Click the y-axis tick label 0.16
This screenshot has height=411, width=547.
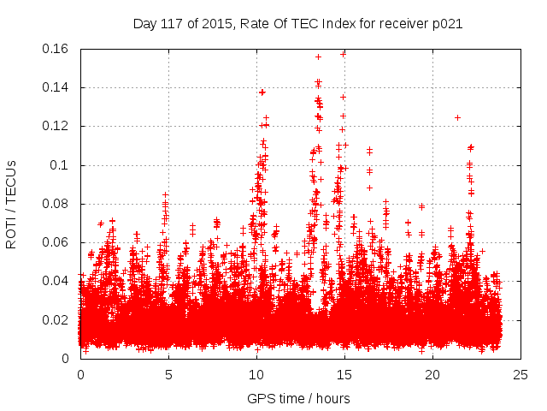(58, 49)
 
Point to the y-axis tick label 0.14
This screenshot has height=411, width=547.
(58, 87)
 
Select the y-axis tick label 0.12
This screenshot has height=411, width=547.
(58, 126)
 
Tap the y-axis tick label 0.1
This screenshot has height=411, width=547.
(62, 165)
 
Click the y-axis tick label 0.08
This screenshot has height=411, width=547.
(58, 204)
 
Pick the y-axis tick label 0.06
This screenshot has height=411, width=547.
(58, 242)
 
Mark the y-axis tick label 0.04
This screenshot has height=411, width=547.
(58, 281)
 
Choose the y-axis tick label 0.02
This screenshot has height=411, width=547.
(58, 320)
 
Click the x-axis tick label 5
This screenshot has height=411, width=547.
(168, 374)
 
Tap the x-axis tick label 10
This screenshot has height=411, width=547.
(256, 374)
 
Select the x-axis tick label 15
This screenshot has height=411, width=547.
(344, 374)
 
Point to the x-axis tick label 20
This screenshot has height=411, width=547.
(432, 374)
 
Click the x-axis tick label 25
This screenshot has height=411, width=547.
(521, 374)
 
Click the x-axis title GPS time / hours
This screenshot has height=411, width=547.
(300, 398)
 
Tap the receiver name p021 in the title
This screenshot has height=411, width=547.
(448, 24)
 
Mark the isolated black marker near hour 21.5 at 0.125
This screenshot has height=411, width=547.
(457, 117)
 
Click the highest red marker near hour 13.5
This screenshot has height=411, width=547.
(318, 57)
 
